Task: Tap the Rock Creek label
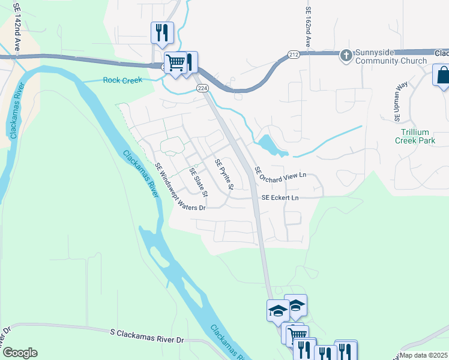122,80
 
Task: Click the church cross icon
346,56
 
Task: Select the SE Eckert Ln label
280,197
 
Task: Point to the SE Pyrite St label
223,175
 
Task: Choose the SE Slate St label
198,182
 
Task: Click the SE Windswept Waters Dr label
179,186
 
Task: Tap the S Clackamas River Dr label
146,335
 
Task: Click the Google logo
19,353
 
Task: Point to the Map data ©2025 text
423,355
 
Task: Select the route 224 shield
202,88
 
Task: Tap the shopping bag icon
443,76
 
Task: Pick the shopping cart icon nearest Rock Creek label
175,62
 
